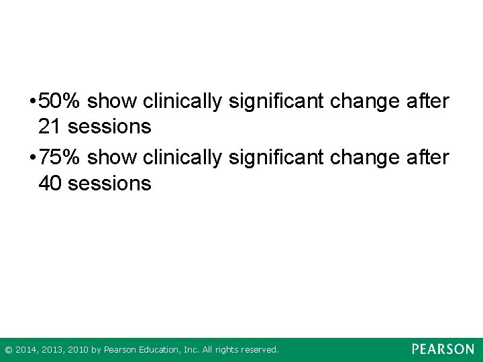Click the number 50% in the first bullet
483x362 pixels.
click(x=60, y=102)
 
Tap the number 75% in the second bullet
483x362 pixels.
click(x=60, y=158)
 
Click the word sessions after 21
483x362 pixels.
click(x=109, y=126)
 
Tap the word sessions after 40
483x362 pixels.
click(x=109, y=182)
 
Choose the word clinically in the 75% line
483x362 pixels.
click(x=182, y=158)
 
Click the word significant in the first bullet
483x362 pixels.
click(x=272, y=102)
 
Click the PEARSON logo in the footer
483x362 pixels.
click(x=443, y=349)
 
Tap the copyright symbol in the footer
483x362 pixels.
click(x=8, y=350)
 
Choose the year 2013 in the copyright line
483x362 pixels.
click(x=50, y=350)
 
